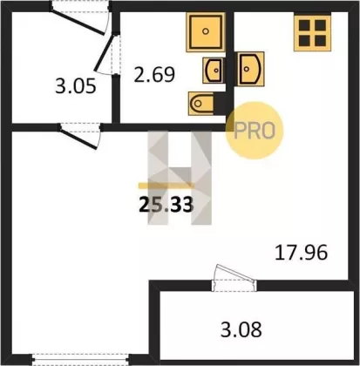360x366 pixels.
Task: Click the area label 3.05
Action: (x=76, y=86)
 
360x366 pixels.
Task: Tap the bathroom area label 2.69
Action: (x=154, y=74)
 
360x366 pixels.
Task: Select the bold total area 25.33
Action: (x=166, y=205)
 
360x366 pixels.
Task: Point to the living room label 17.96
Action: (x=301, y=253)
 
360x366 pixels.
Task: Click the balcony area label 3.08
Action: (x=241, y=329)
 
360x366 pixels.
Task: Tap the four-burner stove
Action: (x=312, y=33)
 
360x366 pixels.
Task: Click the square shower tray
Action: (x=206, y=32)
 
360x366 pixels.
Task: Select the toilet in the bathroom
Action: (x=201, y=104)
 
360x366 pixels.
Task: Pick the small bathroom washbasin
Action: (x=214, y=71)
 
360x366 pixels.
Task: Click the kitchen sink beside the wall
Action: (x=251, y=69)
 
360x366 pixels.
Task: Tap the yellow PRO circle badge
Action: (x=255, y=131)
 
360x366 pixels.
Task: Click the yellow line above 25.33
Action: (x=166, y=186)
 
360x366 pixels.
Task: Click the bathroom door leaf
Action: (x=104, y=53)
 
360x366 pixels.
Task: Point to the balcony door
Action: (x=234, y=277)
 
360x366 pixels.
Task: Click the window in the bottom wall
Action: (x=79, y=359)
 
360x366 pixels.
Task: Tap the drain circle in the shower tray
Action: (x=206, y=31)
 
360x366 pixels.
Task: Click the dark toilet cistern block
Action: (x=220, y=103)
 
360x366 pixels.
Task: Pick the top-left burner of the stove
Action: (x=304, y=25)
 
